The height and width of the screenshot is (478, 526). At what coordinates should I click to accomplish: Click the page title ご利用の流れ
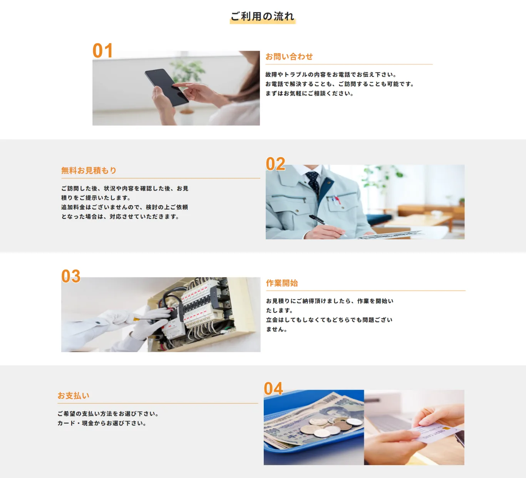262,16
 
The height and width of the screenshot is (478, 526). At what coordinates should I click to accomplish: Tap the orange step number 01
102,51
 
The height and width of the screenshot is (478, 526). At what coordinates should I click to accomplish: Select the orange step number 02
275,164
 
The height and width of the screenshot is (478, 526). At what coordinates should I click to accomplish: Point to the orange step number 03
71,276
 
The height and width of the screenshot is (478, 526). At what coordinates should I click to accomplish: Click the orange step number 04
273,388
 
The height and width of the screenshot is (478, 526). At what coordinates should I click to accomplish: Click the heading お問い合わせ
289,57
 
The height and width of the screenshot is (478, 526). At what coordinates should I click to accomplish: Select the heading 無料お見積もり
89,170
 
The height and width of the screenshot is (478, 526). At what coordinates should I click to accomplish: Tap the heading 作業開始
282,283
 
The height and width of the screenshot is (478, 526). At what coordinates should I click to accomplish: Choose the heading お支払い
73,396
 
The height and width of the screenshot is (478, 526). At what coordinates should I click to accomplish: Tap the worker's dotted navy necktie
313,183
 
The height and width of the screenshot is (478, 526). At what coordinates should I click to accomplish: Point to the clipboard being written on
389,234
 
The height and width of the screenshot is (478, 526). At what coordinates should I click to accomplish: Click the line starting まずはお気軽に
309,94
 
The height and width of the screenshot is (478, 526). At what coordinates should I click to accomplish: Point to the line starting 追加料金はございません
124,207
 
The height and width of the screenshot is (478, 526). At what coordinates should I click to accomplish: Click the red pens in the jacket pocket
337,199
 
